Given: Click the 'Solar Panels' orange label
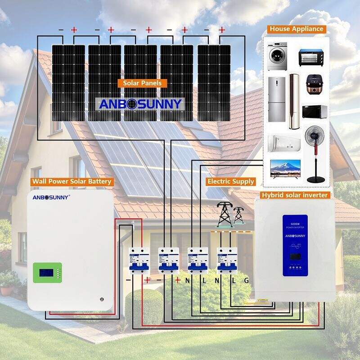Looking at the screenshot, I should (142, 83).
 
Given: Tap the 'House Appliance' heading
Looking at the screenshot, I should (297, 29).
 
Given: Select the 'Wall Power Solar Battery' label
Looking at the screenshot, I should (72, 182).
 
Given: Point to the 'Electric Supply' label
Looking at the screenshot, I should (231, 181).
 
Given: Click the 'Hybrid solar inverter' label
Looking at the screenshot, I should (295, 195).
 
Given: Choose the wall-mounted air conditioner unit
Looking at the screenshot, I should (284, 142).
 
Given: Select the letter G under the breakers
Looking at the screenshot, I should (246, 280).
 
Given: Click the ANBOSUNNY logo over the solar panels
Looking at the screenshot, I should (140, 104).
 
